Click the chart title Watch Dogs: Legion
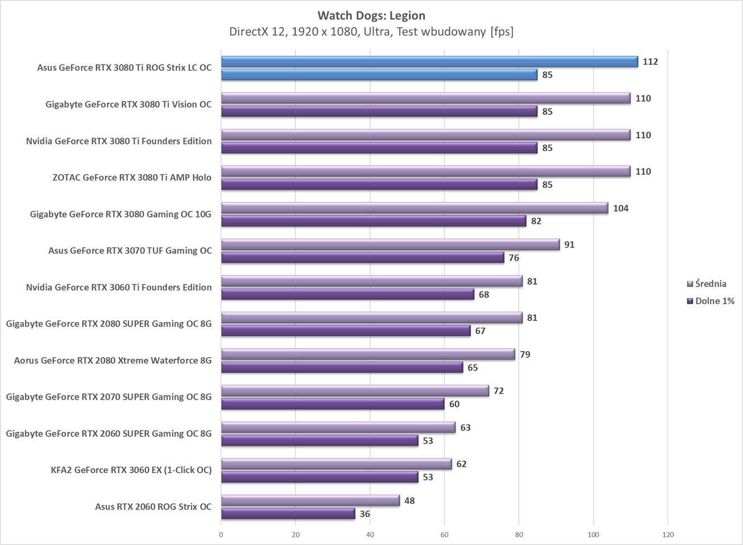tap(371, 15)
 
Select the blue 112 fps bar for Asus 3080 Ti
tap(429, 62)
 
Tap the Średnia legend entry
tap(710, 284)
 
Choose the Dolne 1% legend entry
tap(714, 301)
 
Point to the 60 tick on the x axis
tap(444, 535)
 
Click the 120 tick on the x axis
tap(668, 535)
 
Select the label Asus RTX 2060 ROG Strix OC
tap(153, 507)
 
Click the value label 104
tap(620, 208)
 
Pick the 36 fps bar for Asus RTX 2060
tap(288, 514)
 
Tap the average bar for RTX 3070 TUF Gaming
tap(390, 245)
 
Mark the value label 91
tap(569, 245)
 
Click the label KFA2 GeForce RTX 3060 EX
tap(131, 470)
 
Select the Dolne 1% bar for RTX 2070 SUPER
tap(332, 404)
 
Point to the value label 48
tap(409, 501)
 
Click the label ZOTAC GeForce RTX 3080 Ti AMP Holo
tap(132, 178)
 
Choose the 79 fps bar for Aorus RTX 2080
tap(368, 354)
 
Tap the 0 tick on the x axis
tap(221, 535)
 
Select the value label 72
tap(498, 391)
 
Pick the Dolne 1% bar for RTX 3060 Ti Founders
tap(347, 294)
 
